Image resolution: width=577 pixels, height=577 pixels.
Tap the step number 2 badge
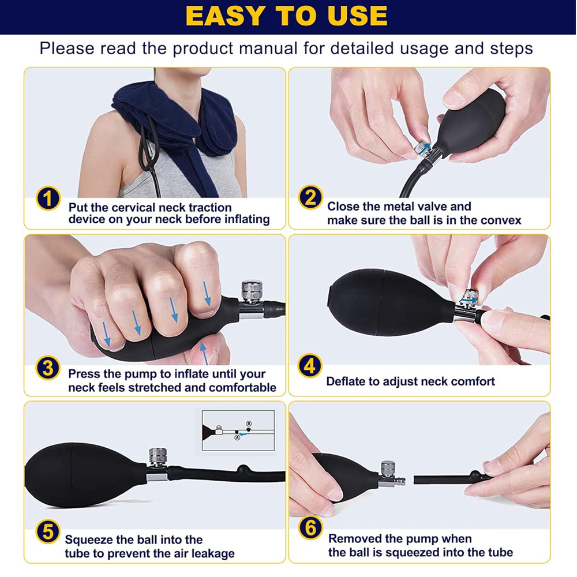[x=310, y=198]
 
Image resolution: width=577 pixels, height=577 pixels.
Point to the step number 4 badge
[x=310, y=366]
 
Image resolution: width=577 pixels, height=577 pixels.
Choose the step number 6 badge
[x=310, y=528]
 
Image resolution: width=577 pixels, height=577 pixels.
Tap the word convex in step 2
[x=500, y=220]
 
